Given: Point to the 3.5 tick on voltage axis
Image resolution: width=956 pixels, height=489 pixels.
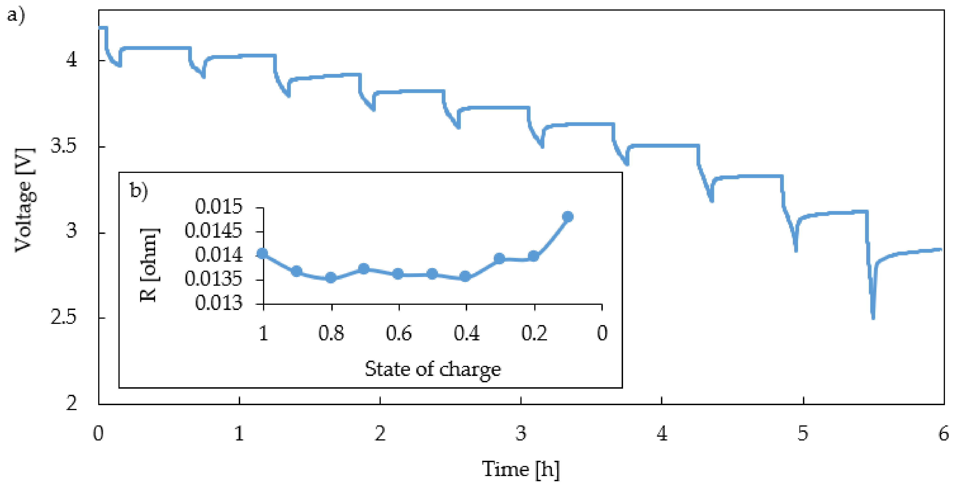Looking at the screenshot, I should click(63, 146).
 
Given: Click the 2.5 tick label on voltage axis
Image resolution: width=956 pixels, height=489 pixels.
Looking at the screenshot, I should click(63, 318).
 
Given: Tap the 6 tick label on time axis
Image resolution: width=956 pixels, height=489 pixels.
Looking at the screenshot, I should click(944, 434).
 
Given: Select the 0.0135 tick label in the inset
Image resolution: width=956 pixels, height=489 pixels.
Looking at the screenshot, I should click(213, 279).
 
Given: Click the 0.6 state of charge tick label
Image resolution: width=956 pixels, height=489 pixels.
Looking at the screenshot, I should click(399, 333).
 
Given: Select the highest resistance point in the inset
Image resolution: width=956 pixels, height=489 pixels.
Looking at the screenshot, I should click(567, 216).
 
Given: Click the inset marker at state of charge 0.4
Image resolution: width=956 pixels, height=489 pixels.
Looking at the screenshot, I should click(465, 276).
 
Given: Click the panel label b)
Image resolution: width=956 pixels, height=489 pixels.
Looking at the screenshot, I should click(139, 191).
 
